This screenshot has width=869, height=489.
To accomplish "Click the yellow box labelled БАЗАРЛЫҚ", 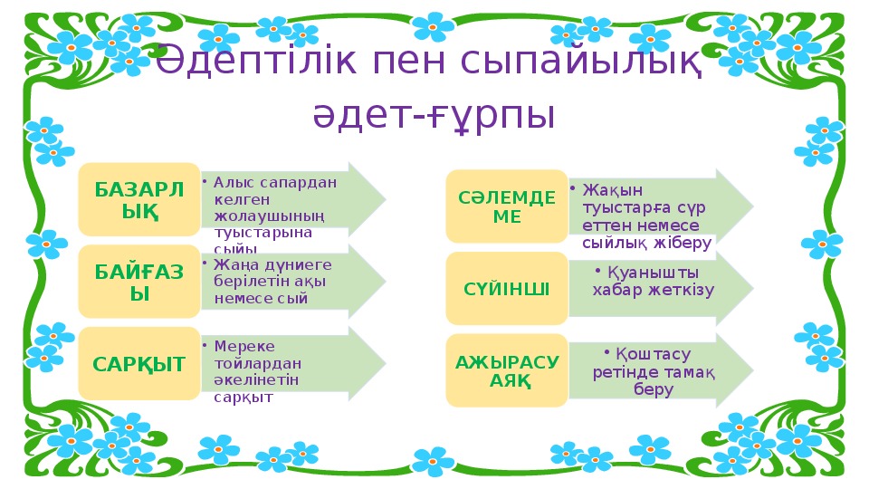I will pos(138,199).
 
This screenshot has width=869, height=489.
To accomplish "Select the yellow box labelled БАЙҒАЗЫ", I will pos(138,281).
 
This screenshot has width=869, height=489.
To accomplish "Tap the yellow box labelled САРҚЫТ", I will pos(138,364).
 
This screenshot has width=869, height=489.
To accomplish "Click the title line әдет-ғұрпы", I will pos(434,116).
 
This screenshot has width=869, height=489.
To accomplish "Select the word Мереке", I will pos(244,346).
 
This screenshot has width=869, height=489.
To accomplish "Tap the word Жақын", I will pos(612,189).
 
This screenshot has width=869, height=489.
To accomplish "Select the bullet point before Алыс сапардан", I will pos(205,180).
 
